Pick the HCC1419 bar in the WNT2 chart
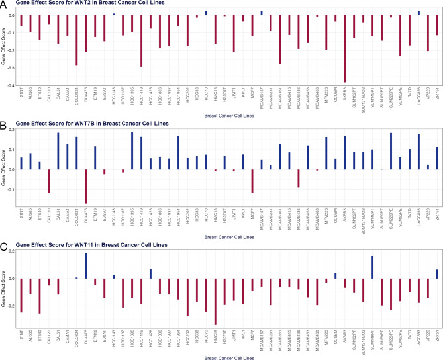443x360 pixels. pos(141,40)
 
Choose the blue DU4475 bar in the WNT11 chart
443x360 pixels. pos(86,265)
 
